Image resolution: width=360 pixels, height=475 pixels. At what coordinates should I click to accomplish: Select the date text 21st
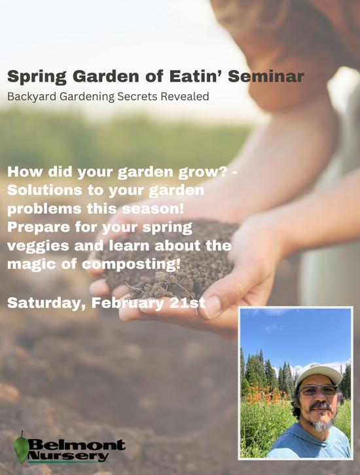pos(186,304)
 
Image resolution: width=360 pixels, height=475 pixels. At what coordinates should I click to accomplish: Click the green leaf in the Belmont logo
pos(21,449)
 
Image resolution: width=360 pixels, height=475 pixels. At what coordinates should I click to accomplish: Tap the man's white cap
pos(318,374)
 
